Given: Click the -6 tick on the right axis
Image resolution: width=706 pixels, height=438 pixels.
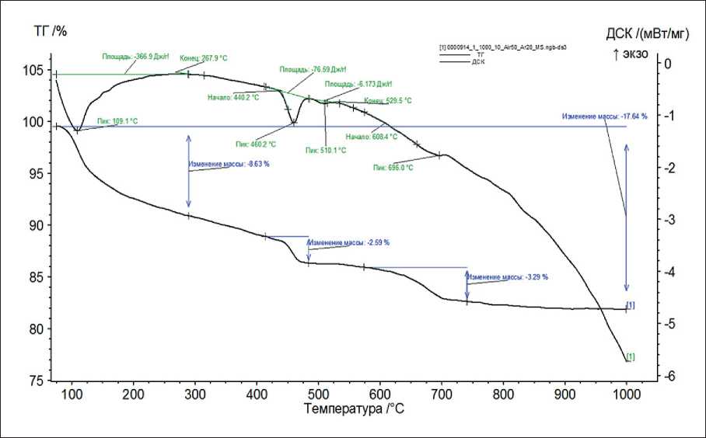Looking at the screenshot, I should coord(666,377).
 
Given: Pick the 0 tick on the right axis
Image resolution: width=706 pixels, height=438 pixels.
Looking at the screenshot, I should coord(669,64).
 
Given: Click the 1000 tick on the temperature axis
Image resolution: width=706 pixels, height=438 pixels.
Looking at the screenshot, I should coord(625,392).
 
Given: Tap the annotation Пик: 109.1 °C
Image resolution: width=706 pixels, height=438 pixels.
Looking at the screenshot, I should coord(117,121).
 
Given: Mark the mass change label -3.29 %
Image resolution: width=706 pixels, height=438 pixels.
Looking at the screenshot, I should coord(509,276).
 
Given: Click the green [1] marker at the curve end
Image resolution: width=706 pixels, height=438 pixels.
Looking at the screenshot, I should coord(631,356).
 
